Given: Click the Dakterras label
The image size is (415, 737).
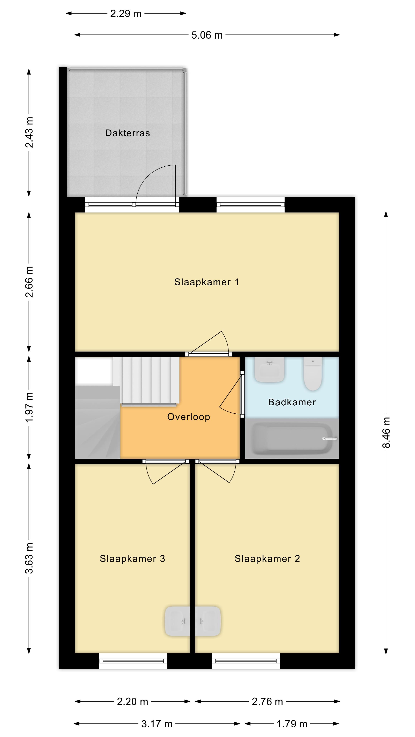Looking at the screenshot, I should click(x=127, y=133).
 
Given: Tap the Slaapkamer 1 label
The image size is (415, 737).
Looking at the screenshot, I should click(x=207, y=282).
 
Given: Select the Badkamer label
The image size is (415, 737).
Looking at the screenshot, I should click(x=292, y=402).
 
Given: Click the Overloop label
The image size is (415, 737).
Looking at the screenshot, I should click(x=188, y=417).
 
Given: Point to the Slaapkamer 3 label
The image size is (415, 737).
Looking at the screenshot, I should click(x=132, y=559).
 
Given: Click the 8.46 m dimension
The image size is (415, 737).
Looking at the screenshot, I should click(x=386, y=432).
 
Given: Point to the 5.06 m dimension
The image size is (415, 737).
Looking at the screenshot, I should click(x=207, y=35).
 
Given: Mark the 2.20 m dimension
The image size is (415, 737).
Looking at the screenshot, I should click(x=132, y=701).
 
